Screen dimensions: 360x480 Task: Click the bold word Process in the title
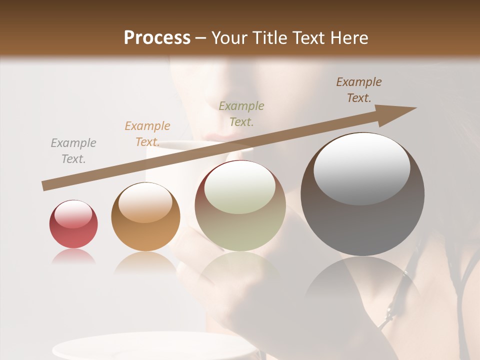pos(157,37)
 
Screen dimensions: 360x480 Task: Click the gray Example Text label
pos(73,151)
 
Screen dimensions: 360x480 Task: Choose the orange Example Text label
pos(147,134)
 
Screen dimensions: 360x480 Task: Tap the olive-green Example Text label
pos(241,113)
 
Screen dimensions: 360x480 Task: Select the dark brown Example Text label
pos(358,90)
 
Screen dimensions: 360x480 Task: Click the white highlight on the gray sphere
pos(361,169)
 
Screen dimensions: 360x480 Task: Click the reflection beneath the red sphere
pos(73,257)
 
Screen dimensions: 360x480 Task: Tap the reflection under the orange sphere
pos(145,263)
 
